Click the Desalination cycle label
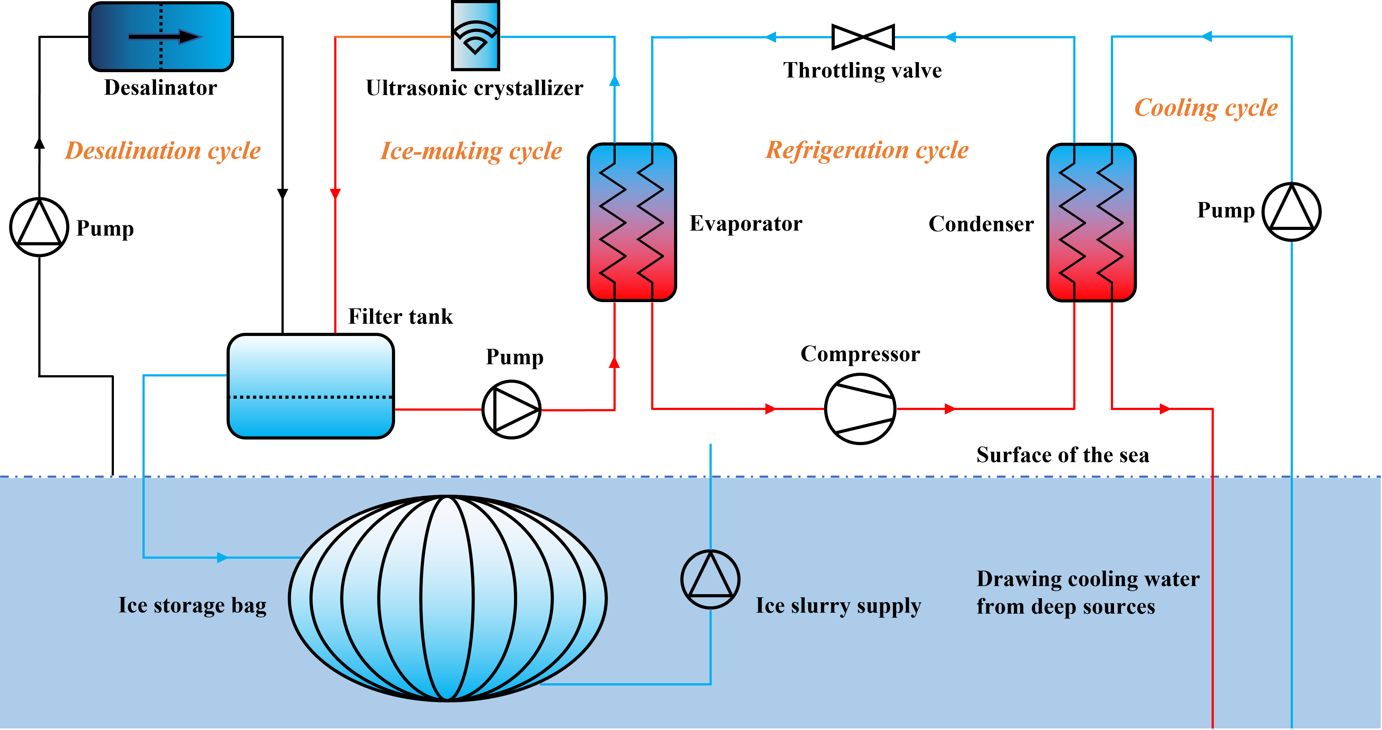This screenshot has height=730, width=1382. (163, 151)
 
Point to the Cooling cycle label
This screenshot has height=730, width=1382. (1206, 108)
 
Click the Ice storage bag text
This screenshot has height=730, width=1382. (192, 605)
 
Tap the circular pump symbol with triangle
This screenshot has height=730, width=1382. (710, 579)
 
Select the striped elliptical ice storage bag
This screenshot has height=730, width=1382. (447, 598)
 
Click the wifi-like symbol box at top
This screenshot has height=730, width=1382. (475, 36)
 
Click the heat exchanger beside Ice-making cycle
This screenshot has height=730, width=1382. (631, 222)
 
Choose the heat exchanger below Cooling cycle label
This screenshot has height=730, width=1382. (1091, 222)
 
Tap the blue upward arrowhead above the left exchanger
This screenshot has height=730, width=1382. (614, 80)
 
